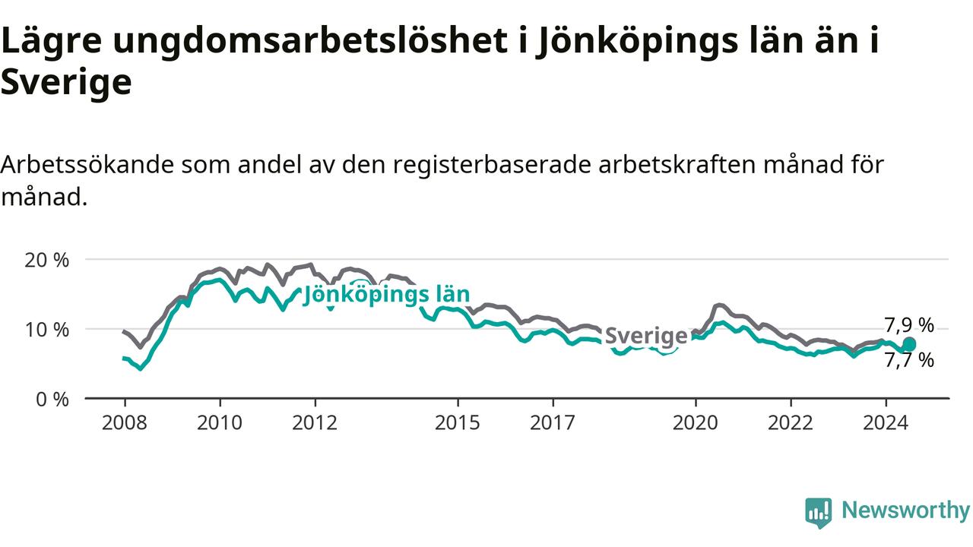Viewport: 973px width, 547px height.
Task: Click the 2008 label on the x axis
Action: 124,422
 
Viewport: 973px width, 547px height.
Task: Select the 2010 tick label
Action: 220,422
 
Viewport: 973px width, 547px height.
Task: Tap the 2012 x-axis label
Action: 315,422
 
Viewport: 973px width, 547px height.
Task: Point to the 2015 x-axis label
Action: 458,422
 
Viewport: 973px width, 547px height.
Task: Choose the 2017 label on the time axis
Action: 553,422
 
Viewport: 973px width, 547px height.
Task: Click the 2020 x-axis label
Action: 696,422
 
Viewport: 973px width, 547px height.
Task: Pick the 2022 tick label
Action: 791,422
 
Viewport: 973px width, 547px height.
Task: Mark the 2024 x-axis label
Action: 886,422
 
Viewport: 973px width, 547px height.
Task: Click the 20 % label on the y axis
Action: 47,260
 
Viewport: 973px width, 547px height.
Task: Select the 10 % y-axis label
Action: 47,330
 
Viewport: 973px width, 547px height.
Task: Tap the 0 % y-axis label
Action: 52,400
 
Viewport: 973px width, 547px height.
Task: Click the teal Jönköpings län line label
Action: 386,295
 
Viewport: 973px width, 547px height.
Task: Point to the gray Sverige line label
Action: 646,336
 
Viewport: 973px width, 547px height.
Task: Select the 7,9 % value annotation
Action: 909,325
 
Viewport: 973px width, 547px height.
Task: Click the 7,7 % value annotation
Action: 909,360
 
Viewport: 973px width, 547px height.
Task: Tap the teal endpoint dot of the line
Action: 909,344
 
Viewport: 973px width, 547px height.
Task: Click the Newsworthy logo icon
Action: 819,513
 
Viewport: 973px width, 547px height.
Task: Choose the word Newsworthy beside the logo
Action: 905,510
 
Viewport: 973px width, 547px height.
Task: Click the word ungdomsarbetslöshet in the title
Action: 310,41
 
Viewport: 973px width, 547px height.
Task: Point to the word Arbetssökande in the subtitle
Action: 87,165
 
